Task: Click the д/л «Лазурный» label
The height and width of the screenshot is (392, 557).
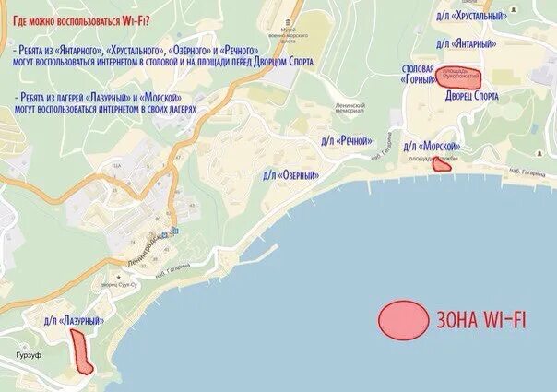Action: pos(73,320)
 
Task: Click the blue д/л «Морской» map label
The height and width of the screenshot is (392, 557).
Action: pos(432,147)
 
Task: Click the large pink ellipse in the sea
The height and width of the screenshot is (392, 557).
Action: pos(403,320)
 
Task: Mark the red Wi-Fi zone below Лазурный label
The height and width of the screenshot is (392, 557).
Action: pos(81,351)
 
